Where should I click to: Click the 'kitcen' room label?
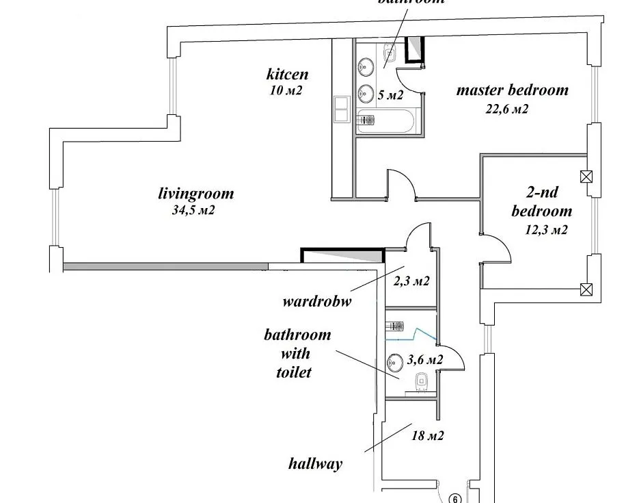287,74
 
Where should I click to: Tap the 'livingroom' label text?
195,194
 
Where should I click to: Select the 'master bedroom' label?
512,90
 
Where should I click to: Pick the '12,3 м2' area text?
546,230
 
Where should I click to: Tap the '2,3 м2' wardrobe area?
411,280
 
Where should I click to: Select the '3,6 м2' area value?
424,359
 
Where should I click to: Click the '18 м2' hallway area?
428,435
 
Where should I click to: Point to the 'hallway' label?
315,463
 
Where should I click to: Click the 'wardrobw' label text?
316,301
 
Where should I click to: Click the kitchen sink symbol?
341,109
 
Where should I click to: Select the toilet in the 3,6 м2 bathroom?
422,378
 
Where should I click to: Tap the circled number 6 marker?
457,499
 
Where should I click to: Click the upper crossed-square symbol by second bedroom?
585,177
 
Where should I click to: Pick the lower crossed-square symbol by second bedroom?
585,289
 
